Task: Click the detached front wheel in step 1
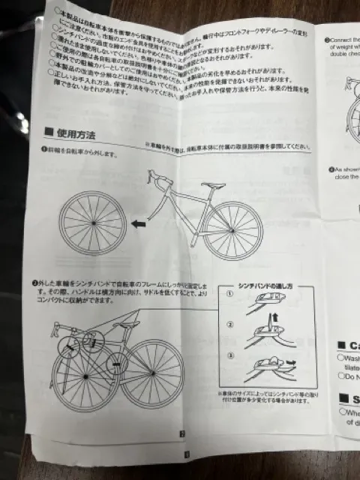pos(94,223)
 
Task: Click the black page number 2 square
pos(181,433)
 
